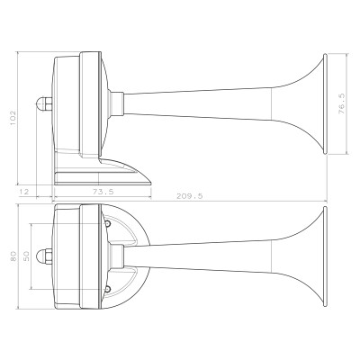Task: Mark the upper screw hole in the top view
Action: click(x=108, y=222)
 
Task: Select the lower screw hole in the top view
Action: click(x=108, y=289)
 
